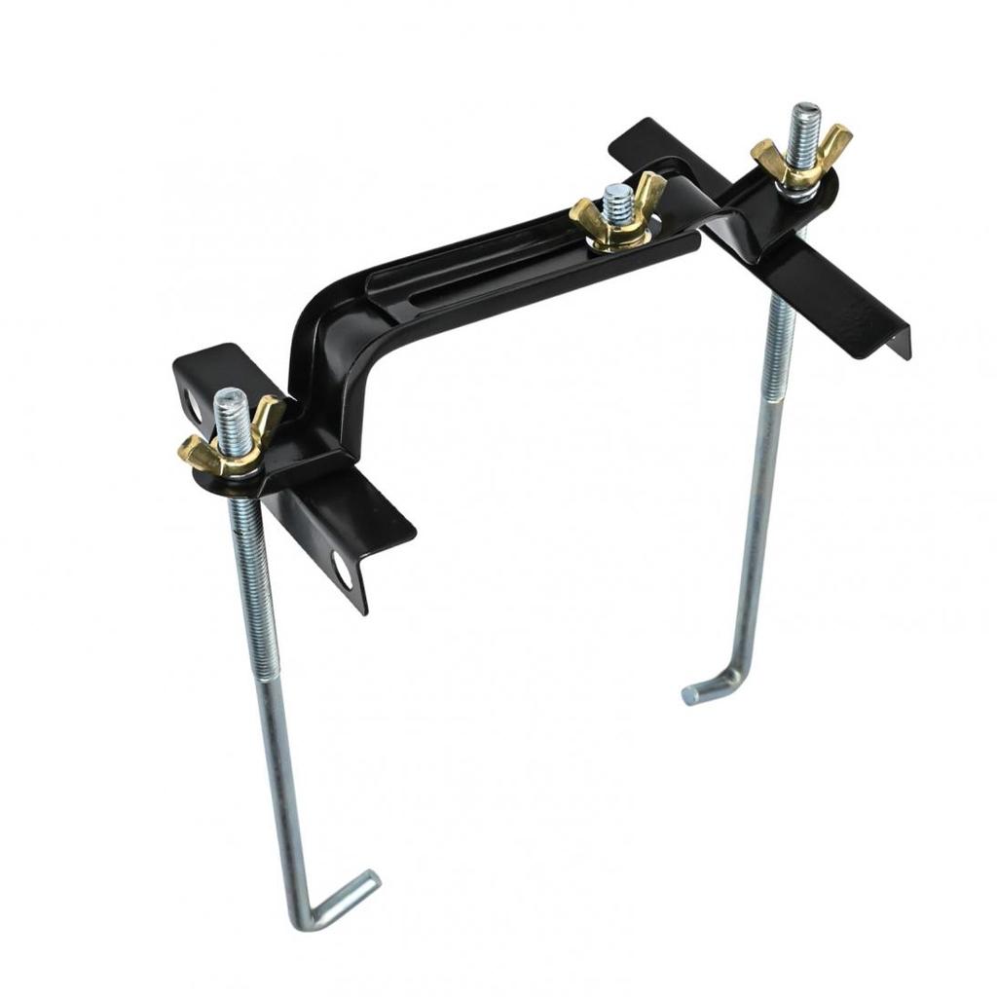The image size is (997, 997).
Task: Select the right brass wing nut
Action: click(x=801, y=162)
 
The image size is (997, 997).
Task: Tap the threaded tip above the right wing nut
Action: click(x=805, y=123)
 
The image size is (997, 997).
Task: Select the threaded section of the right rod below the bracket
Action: click(x=774, y=389)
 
